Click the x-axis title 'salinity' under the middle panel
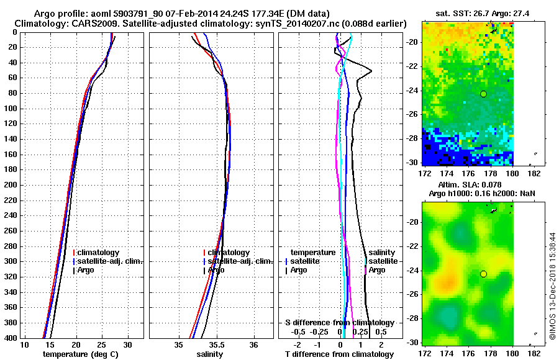210,354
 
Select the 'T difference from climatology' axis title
339,354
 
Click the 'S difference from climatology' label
339,323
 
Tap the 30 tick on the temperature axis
127,344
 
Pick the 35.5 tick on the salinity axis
217,344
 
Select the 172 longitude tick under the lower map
425,353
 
